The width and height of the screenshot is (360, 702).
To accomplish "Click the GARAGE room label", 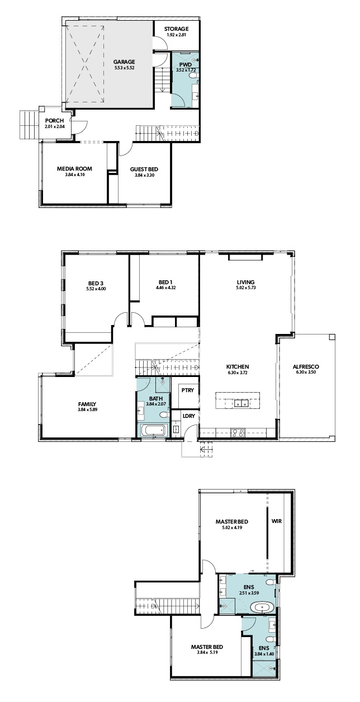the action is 124,62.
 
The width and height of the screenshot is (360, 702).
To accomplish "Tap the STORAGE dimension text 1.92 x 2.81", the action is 177,35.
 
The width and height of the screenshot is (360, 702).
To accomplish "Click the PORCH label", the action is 54,120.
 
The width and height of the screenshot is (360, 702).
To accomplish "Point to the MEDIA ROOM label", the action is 74,168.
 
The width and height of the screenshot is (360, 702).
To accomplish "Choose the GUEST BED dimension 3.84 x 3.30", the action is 144,175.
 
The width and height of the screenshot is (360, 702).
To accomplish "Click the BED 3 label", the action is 96,283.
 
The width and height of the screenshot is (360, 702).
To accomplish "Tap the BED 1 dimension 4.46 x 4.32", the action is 165,288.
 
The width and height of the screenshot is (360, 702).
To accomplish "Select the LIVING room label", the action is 245,282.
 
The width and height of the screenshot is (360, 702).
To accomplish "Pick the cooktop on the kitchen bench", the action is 238,433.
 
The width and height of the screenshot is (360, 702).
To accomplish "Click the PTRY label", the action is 188,390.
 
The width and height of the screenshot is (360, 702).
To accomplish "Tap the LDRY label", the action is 188,416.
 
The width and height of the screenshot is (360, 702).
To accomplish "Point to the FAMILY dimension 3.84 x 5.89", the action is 87,409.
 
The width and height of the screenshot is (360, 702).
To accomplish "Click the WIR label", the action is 276,521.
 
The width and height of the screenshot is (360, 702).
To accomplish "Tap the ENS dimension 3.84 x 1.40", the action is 264,654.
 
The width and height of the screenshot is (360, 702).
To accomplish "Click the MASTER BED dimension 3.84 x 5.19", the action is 207,652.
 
